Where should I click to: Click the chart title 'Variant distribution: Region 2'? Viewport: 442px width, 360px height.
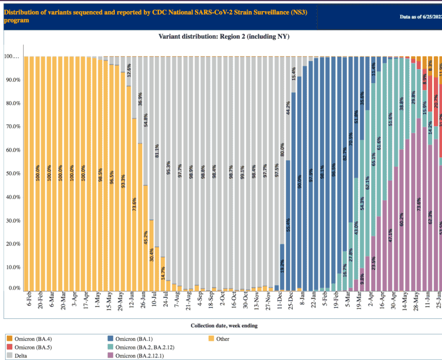point(224,37)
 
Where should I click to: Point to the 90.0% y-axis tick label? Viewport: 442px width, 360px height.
point(13,80)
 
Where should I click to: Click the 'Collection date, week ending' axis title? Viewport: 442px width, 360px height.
point(223,325)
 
